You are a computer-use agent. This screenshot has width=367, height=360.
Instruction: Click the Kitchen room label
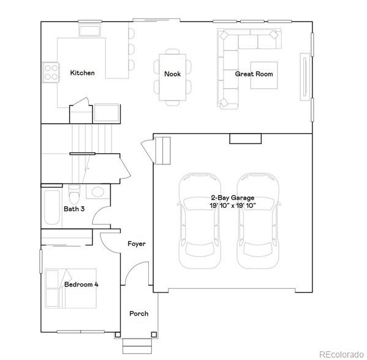point(82,73)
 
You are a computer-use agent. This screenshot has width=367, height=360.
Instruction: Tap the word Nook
point(172,74)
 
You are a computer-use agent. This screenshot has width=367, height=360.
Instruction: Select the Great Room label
point(254,74)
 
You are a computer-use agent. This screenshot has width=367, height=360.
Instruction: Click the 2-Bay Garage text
point(232,198)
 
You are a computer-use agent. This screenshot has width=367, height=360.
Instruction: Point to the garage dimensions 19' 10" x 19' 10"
point(232,206)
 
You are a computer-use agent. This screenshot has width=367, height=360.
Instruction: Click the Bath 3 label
point(74,209)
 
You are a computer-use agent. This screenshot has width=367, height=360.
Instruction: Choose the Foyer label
point(136,243)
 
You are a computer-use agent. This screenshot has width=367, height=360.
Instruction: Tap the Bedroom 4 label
point(81,285)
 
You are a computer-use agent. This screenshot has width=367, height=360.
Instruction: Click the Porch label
point(138,313)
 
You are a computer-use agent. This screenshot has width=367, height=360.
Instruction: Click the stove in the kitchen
point(50,72)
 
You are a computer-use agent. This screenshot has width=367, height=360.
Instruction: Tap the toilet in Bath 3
point(74,194)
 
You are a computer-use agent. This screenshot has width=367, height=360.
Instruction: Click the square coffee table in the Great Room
point(263,75)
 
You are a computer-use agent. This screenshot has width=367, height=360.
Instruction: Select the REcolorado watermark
point(340,353)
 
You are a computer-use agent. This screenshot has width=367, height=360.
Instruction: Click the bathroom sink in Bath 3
point(96,191)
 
